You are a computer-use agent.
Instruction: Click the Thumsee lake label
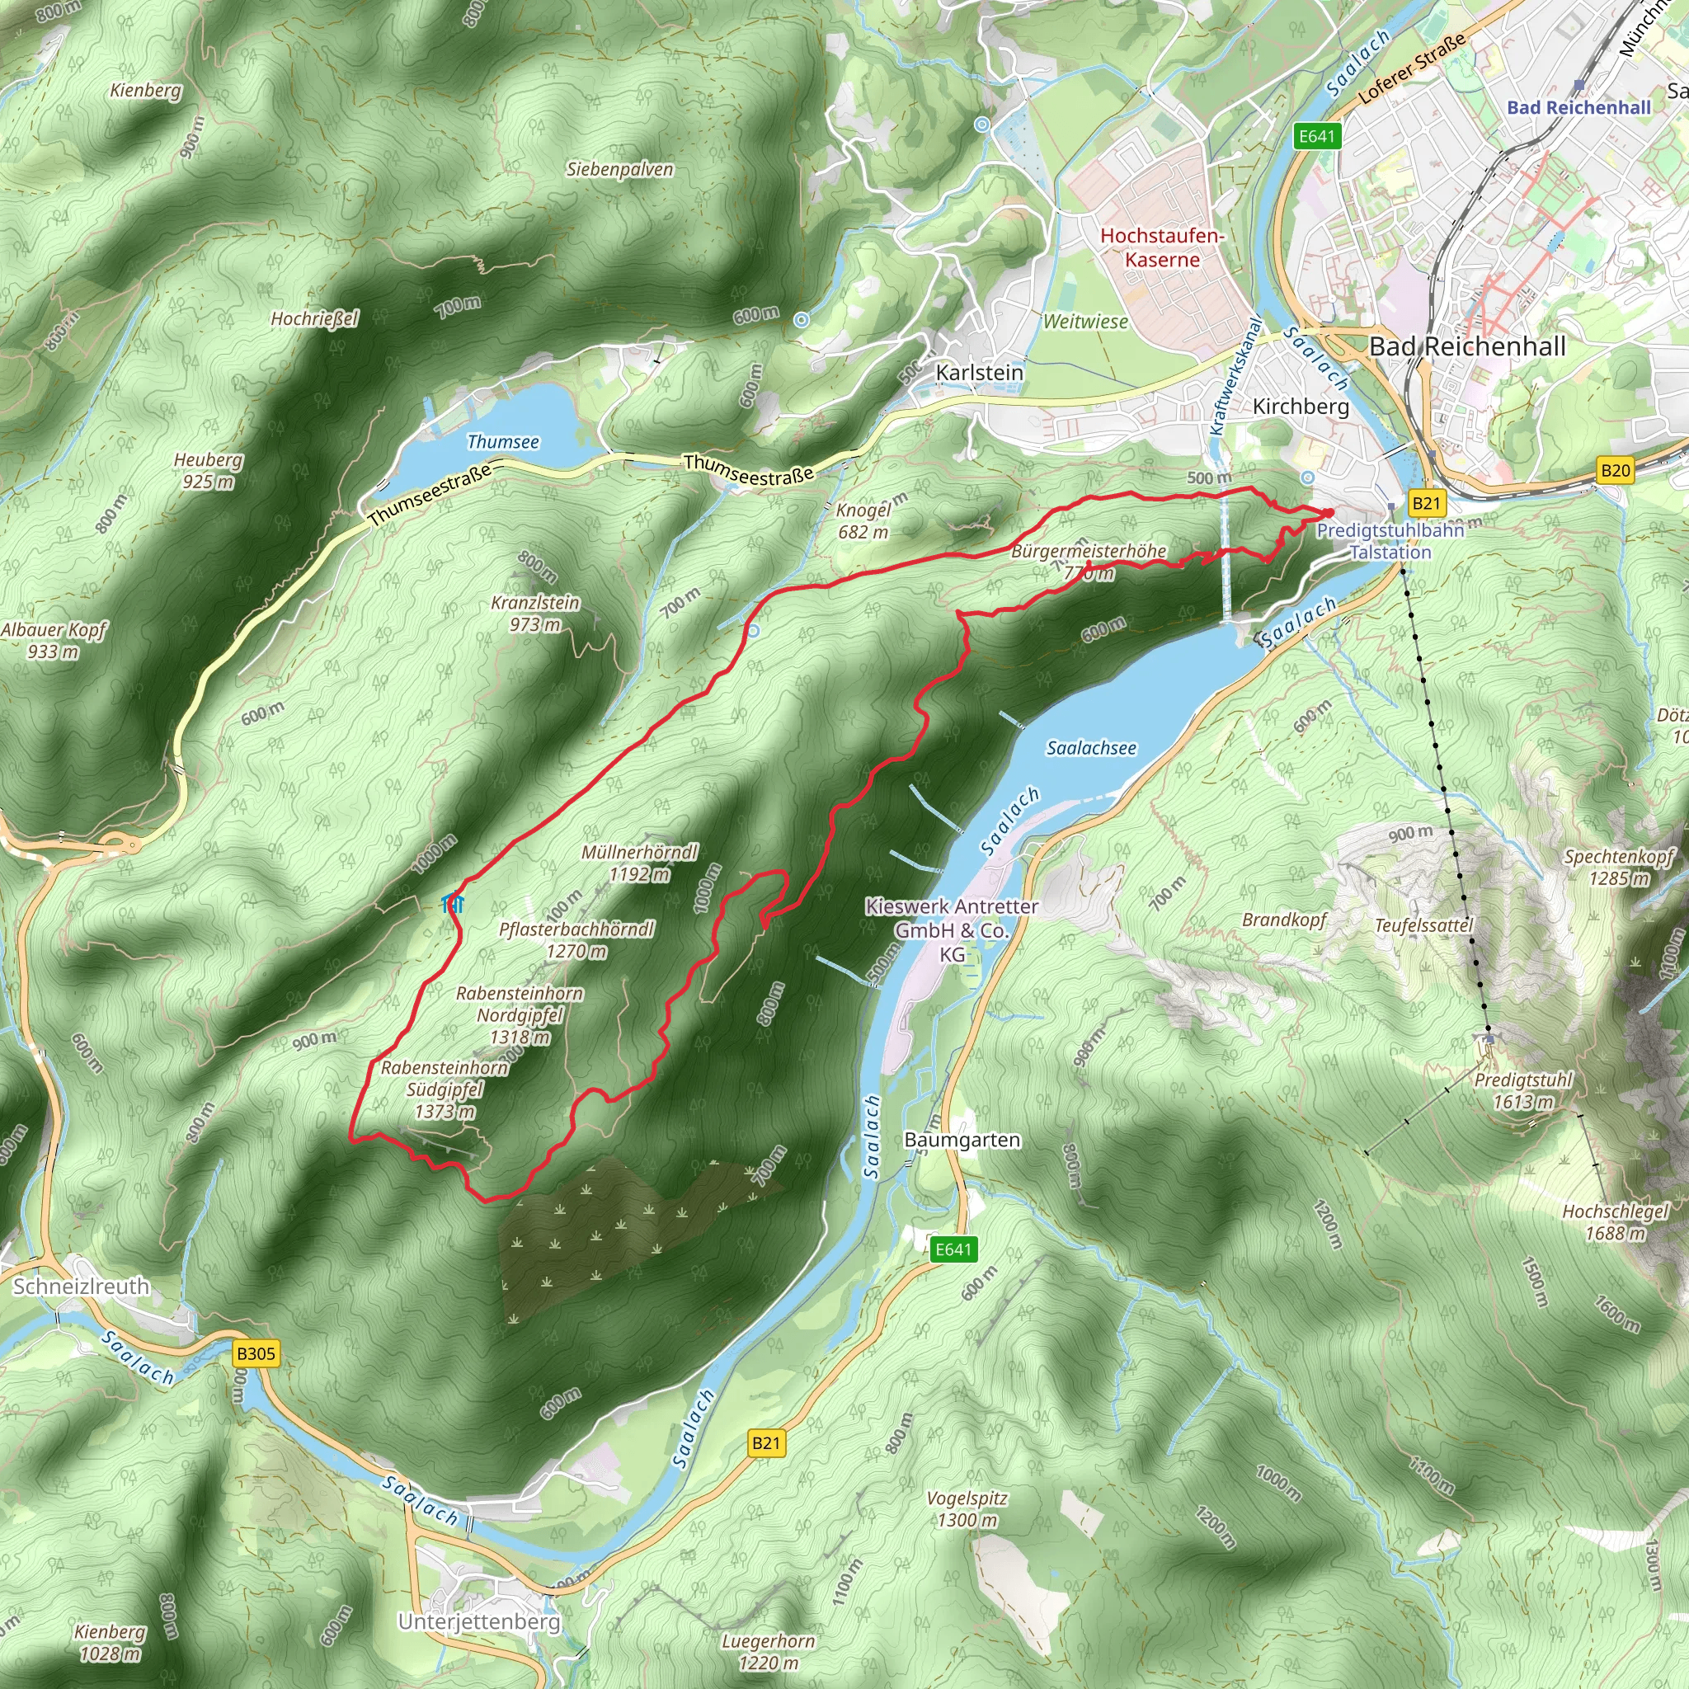pos(503,441)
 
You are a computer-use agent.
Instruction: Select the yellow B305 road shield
pos(256,1353)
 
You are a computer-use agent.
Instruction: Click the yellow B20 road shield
pos(1615,470)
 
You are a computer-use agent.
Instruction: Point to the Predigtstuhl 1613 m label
pos(1523,1091)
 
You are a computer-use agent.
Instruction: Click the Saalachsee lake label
pos(1091,748)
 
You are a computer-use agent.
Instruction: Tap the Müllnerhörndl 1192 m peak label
pos(640,863)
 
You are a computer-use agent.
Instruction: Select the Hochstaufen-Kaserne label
pos(1162,247)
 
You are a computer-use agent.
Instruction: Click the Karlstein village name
pos(979,373)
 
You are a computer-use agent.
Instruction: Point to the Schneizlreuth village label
pos(82,1286)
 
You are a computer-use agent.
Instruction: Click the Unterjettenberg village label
pos(479,1621)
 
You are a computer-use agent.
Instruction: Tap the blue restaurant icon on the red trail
pos(453,902)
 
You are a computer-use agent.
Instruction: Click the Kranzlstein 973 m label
pos(535,613)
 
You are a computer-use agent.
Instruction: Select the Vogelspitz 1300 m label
pos(967,1509)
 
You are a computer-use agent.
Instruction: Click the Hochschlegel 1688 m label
pos(1615,1222)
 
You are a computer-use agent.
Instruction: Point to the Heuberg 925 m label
pos(208,470)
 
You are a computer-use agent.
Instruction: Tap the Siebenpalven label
pos(620,170)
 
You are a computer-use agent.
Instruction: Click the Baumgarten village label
pos(962,1140)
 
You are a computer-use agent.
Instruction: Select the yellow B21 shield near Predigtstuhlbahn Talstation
pos(1426,503)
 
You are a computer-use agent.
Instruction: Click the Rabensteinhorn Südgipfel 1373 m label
pos(445,1089)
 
